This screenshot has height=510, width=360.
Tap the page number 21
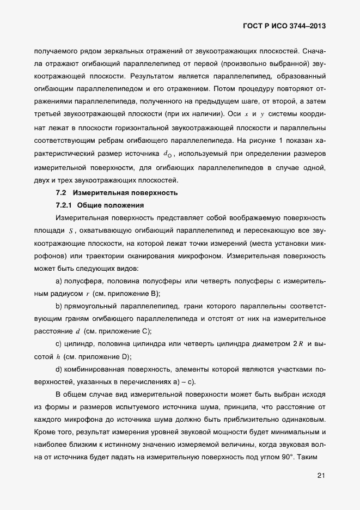[x=321, y=476]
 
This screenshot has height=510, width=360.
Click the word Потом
[x=224, y=88]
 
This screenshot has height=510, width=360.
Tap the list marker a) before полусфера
[x=59, y=281]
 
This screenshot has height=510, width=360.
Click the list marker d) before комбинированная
[x=59, y=369]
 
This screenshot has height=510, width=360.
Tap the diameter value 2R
[x=298, y=344]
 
